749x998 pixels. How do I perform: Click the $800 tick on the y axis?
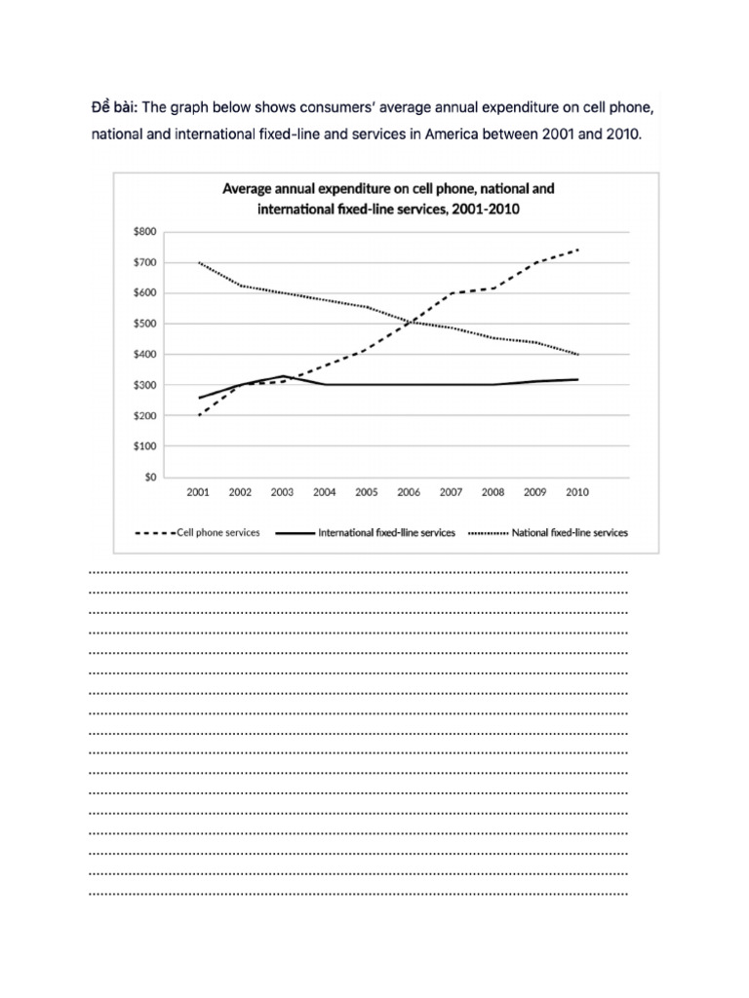tap(143, 232)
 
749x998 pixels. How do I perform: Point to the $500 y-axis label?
tap(143, 324)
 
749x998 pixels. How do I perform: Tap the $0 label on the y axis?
tap(149, 478)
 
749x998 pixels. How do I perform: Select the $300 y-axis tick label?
tap(143, 386)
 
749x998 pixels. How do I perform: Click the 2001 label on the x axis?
tap(198, 493)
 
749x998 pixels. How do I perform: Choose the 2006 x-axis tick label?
tap(409, 493)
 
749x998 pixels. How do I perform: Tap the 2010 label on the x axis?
tap(577, 493)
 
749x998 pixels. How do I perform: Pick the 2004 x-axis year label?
tap(325, 493)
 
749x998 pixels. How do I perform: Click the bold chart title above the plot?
tap(388, 197)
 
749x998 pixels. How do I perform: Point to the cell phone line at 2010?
tap(577, 249)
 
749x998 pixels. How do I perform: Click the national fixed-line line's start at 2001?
tap(198, 263)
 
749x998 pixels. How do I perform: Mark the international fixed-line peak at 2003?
tap(283, 376)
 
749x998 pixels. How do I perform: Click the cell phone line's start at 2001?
tap(198, 416)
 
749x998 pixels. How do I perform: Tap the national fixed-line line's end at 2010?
tap(577, 355)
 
